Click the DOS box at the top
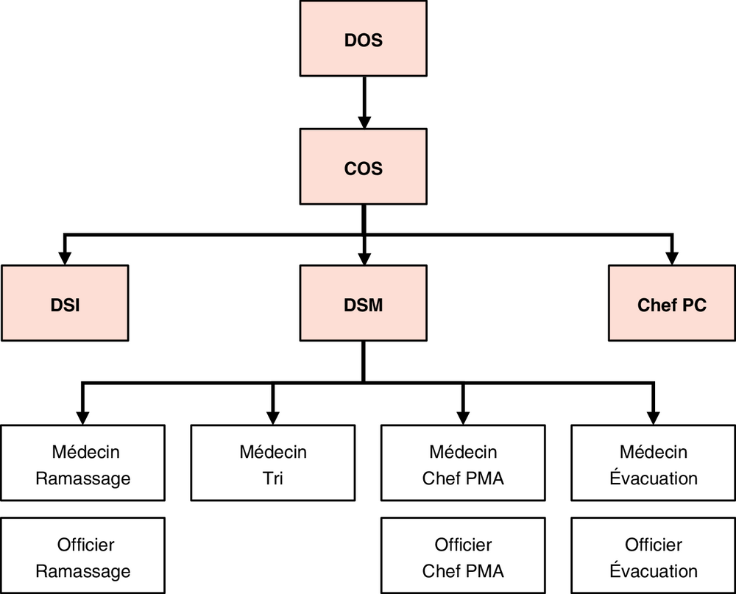pos(364,38)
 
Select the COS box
pos(364,166)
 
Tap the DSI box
pos(65,303)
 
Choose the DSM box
pos(364,303)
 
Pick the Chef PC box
pos(672,303)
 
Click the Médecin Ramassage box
pos(82,463)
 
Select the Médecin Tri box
pos(273,463)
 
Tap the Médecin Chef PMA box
pos(463,463)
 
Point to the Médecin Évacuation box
pos(654,463)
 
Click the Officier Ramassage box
pos(82,556)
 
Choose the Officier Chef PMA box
pos(463,556)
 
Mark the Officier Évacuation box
pos(654,556)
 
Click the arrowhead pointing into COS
pos(364,122)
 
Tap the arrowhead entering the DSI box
pos(65,259)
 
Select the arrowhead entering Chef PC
pos(672,259)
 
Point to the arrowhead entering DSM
pos(364,259)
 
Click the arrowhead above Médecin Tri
pos(273,418)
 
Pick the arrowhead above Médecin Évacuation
pos(654,418)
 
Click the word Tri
pos(273,478)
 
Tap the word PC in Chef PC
pos(694,305)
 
